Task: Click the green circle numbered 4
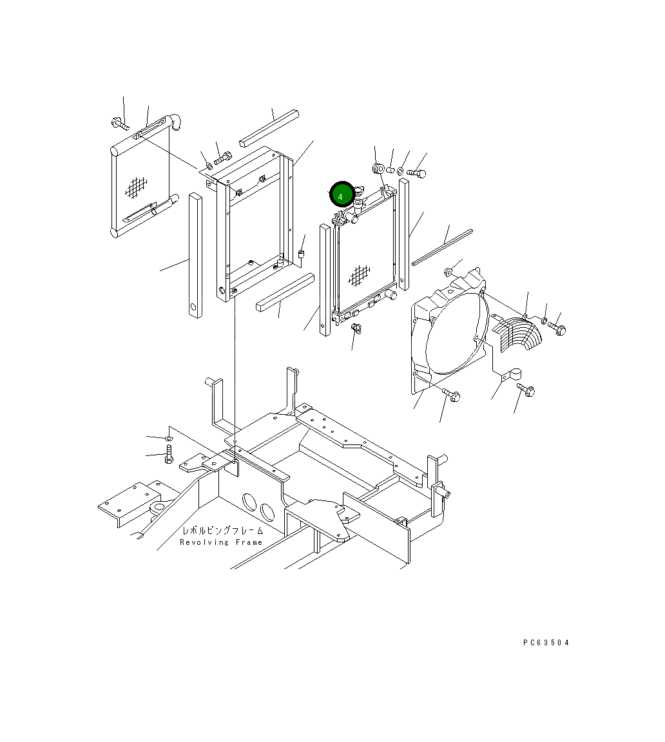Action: point(342,195)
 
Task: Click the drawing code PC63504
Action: point(546,642)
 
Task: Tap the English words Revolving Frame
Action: point(221,542)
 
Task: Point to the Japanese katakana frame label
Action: point(222,531)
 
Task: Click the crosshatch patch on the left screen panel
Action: point(137,187)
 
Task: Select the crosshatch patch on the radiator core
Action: point(359,276)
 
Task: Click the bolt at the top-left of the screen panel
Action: point(120,124)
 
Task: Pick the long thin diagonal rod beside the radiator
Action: point(442,247)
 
